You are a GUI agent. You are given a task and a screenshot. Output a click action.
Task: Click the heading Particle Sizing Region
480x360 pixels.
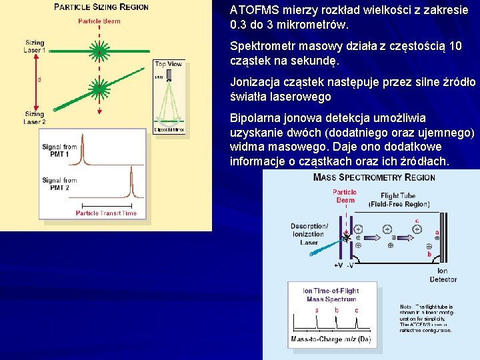(101, 7)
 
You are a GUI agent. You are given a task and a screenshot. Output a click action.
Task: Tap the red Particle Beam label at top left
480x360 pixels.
(99, 21)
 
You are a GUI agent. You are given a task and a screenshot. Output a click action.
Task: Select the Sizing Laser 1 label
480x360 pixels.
(35, 47)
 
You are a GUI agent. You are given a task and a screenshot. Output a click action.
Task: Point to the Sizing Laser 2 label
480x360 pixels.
(35, 118)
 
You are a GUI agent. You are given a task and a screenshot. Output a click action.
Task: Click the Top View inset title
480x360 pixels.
(168, 64)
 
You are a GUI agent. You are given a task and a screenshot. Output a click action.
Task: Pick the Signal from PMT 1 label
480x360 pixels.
(59, 151)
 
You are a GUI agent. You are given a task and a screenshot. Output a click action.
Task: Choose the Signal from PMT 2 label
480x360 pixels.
(59, 184)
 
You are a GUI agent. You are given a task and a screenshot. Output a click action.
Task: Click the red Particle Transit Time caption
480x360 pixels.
(106, 213)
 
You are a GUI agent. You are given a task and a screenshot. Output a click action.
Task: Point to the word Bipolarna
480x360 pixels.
(255, 118)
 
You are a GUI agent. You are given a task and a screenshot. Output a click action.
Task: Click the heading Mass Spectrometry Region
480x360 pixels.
(374, 177)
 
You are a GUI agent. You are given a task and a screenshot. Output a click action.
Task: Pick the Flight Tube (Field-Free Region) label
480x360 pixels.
(399, 200)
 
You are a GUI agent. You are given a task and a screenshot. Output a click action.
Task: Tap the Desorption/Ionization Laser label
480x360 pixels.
(309, 234)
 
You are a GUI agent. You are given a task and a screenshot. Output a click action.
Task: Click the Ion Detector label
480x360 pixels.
(443, 275)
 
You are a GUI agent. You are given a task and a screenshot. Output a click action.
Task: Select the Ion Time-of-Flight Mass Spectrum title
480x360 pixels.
(331, 295)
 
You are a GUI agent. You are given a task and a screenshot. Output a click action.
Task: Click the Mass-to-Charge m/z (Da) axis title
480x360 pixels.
(331, 339)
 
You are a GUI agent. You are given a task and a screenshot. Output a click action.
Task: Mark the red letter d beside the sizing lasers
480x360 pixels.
(39, 80)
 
